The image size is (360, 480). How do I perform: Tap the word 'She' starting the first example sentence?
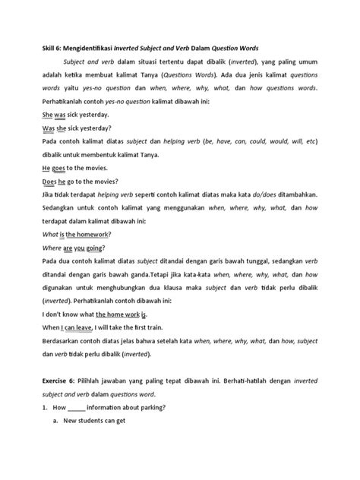[x=46, y=114]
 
